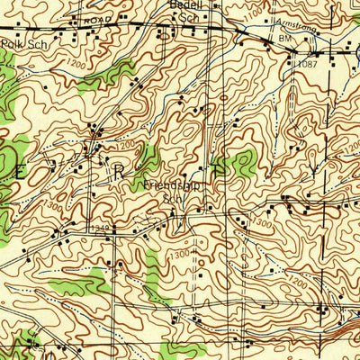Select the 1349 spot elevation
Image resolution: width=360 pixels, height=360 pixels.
click(x=101, y=229)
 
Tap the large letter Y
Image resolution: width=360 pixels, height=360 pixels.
click(x=312, y=166)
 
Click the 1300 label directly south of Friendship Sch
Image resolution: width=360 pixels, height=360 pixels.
click(x=177, y=255)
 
